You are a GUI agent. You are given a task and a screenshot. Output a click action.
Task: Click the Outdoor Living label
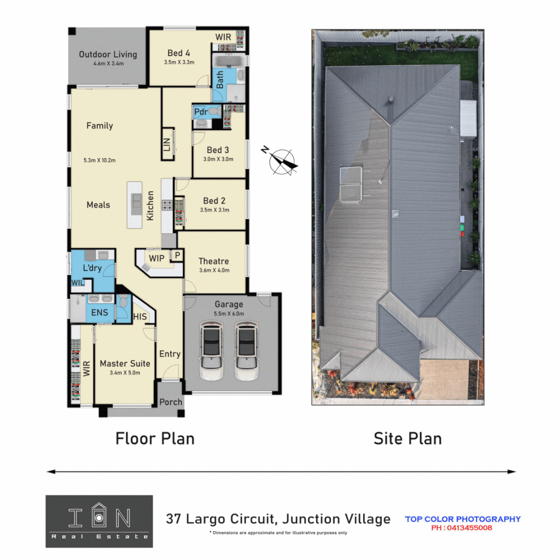[108, 54]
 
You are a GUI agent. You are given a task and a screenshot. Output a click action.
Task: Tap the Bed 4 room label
[179, 53]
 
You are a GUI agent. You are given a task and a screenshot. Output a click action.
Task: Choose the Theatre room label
[214, 261]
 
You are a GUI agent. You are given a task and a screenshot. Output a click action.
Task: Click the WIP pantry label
[156, 258]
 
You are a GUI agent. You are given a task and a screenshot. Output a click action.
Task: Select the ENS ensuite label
[99, 313]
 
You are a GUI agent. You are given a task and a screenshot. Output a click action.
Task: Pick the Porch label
[170, 402]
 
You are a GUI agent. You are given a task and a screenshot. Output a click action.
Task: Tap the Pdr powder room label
[200, 112]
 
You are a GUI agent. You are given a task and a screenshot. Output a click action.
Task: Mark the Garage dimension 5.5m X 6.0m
[229, 314]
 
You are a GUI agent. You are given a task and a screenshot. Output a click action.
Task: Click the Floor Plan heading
[155, 438]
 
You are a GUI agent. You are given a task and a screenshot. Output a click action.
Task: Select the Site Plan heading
[407, 438]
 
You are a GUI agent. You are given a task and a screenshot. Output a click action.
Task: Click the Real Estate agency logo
[99, 521]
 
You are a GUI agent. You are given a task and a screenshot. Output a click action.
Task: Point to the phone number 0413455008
[461, 528]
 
